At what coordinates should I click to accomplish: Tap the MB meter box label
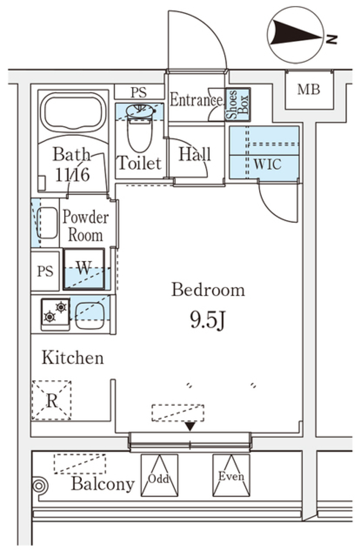point(309,90)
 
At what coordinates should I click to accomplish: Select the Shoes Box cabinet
point(237,104)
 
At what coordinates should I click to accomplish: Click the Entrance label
point(196,100)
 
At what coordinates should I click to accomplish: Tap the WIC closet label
point(267,164)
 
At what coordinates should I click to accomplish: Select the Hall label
point(194,155)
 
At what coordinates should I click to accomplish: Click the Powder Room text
point(85,226)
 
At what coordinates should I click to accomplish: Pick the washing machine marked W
point(84,269)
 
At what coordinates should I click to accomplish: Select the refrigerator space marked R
point(51,400)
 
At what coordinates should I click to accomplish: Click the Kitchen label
point(73,357)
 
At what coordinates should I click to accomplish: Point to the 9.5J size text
point(207,320)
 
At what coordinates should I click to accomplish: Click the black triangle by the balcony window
point(190,426)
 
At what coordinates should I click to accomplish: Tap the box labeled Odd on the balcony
point(159,476)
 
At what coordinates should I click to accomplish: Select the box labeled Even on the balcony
point(231,476)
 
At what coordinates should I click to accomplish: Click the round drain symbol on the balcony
point(39,486)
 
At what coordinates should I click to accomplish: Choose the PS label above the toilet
point(138,92)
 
